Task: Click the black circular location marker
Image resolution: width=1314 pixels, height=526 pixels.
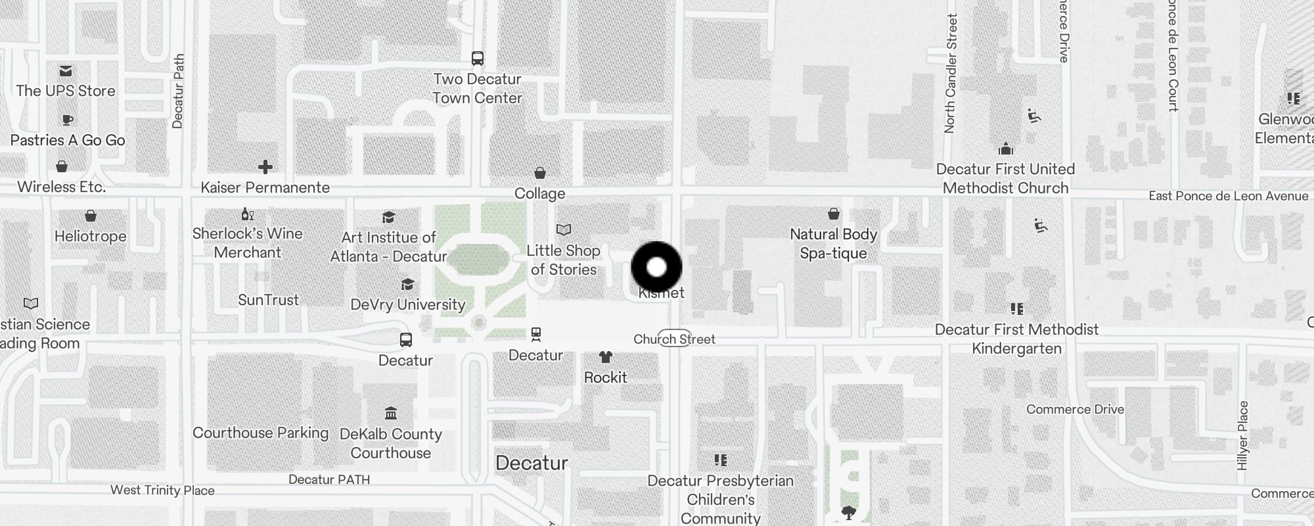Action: coord(656,267)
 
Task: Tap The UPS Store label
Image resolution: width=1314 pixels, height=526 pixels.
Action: coord(66,91)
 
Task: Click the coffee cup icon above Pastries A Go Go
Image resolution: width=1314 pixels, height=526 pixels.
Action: coord(67,120)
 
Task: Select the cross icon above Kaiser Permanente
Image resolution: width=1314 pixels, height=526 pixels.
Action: coord(265,167)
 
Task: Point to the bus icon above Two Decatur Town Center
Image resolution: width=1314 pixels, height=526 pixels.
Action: coord(478,59)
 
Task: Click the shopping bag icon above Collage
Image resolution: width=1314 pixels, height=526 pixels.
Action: coord(540,173)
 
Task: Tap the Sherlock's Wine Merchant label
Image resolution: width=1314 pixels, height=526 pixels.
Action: coord(248,243)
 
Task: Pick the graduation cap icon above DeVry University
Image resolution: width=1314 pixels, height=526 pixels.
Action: coord(407,284)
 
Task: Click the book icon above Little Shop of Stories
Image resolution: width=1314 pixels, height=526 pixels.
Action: coord(564,229)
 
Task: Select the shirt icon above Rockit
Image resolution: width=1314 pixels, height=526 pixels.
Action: coord(605,357)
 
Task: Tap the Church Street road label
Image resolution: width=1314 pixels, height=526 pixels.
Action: coord(674,339)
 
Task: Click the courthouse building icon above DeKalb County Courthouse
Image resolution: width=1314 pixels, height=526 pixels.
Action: coord(391,414)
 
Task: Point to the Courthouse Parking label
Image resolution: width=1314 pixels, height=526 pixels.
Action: coord(260,433)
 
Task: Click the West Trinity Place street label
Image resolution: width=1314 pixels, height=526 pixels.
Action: coord(162,490)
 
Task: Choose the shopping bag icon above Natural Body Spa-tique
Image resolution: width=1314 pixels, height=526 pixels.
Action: coord(834,214)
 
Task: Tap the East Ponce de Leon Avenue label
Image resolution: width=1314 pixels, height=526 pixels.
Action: coord(1228,196)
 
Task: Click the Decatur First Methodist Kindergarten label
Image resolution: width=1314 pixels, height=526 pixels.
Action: coord(1016,339)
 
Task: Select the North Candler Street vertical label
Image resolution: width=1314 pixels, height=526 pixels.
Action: coord(950,74)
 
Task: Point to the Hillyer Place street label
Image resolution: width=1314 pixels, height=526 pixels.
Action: coord(1242,435)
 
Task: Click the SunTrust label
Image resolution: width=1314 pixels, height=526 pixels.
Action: coord(268,300)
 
